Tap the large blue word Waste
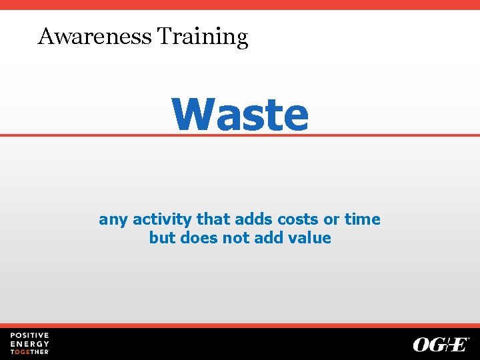(240, 115)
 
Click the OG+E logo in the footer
(441, 344)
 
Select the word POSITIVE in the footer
(29, 335)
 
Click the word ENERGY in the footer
(29, 343)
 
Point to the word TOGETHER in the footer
(29, 351)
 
